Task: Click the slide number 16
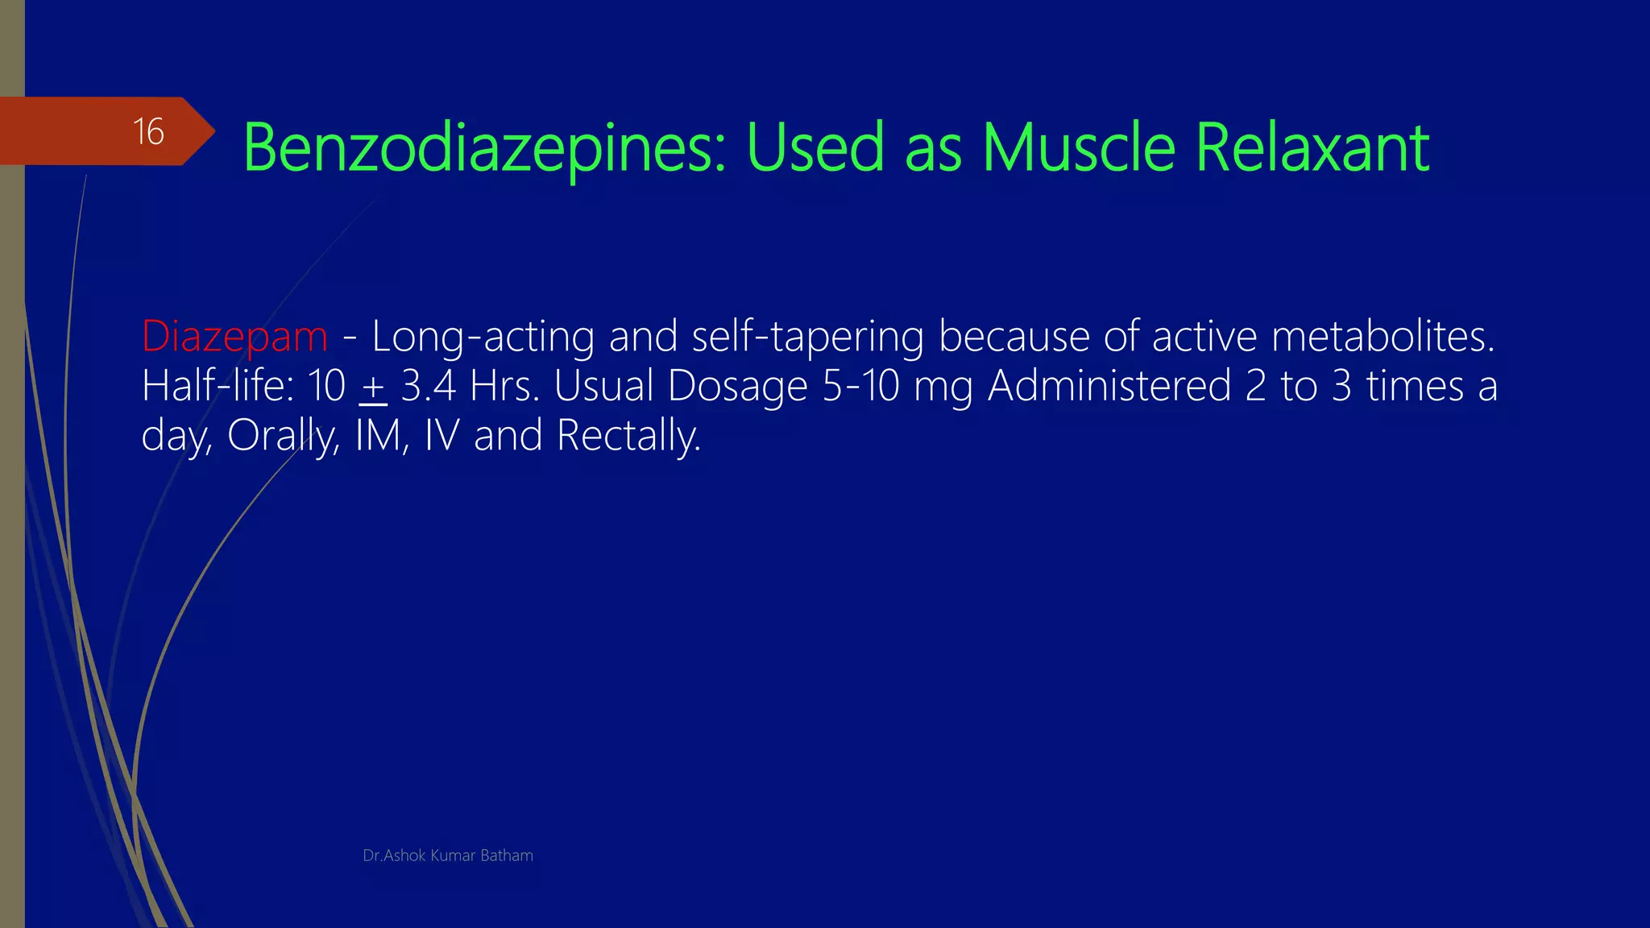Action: pyautogui.click(x=148, y=131)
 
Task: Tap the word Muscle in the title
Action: pyautogui.click(x=1079, y=148)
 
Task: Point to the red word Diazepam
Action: pyautogui.click(x=234, y=336)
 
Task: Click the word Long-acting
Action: pyautogui.click(x=483, y=336)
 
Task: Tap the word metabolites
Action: pyautogui.click(x=1383, y=336)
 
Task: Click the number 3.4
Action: pyautogui.click(x=429, y=386)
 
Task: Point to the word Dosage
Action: pyautogui.click(x=737, y=386)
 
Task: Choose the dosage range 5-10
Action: pyautogui.click(x=860, y=386)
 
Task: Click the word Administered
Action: pyautogui.click(x=1109, y=386)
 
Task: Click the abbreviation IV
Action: pyautogui.click(x=442, y=436)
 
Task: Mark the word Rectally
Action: pyautogui.click(x=628, y=437)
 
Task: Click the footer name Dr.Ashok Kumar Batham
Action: pyautogui.click(x=448, y=855)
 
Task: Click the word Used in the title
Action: pyautogui.click(x=815, y=148)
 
